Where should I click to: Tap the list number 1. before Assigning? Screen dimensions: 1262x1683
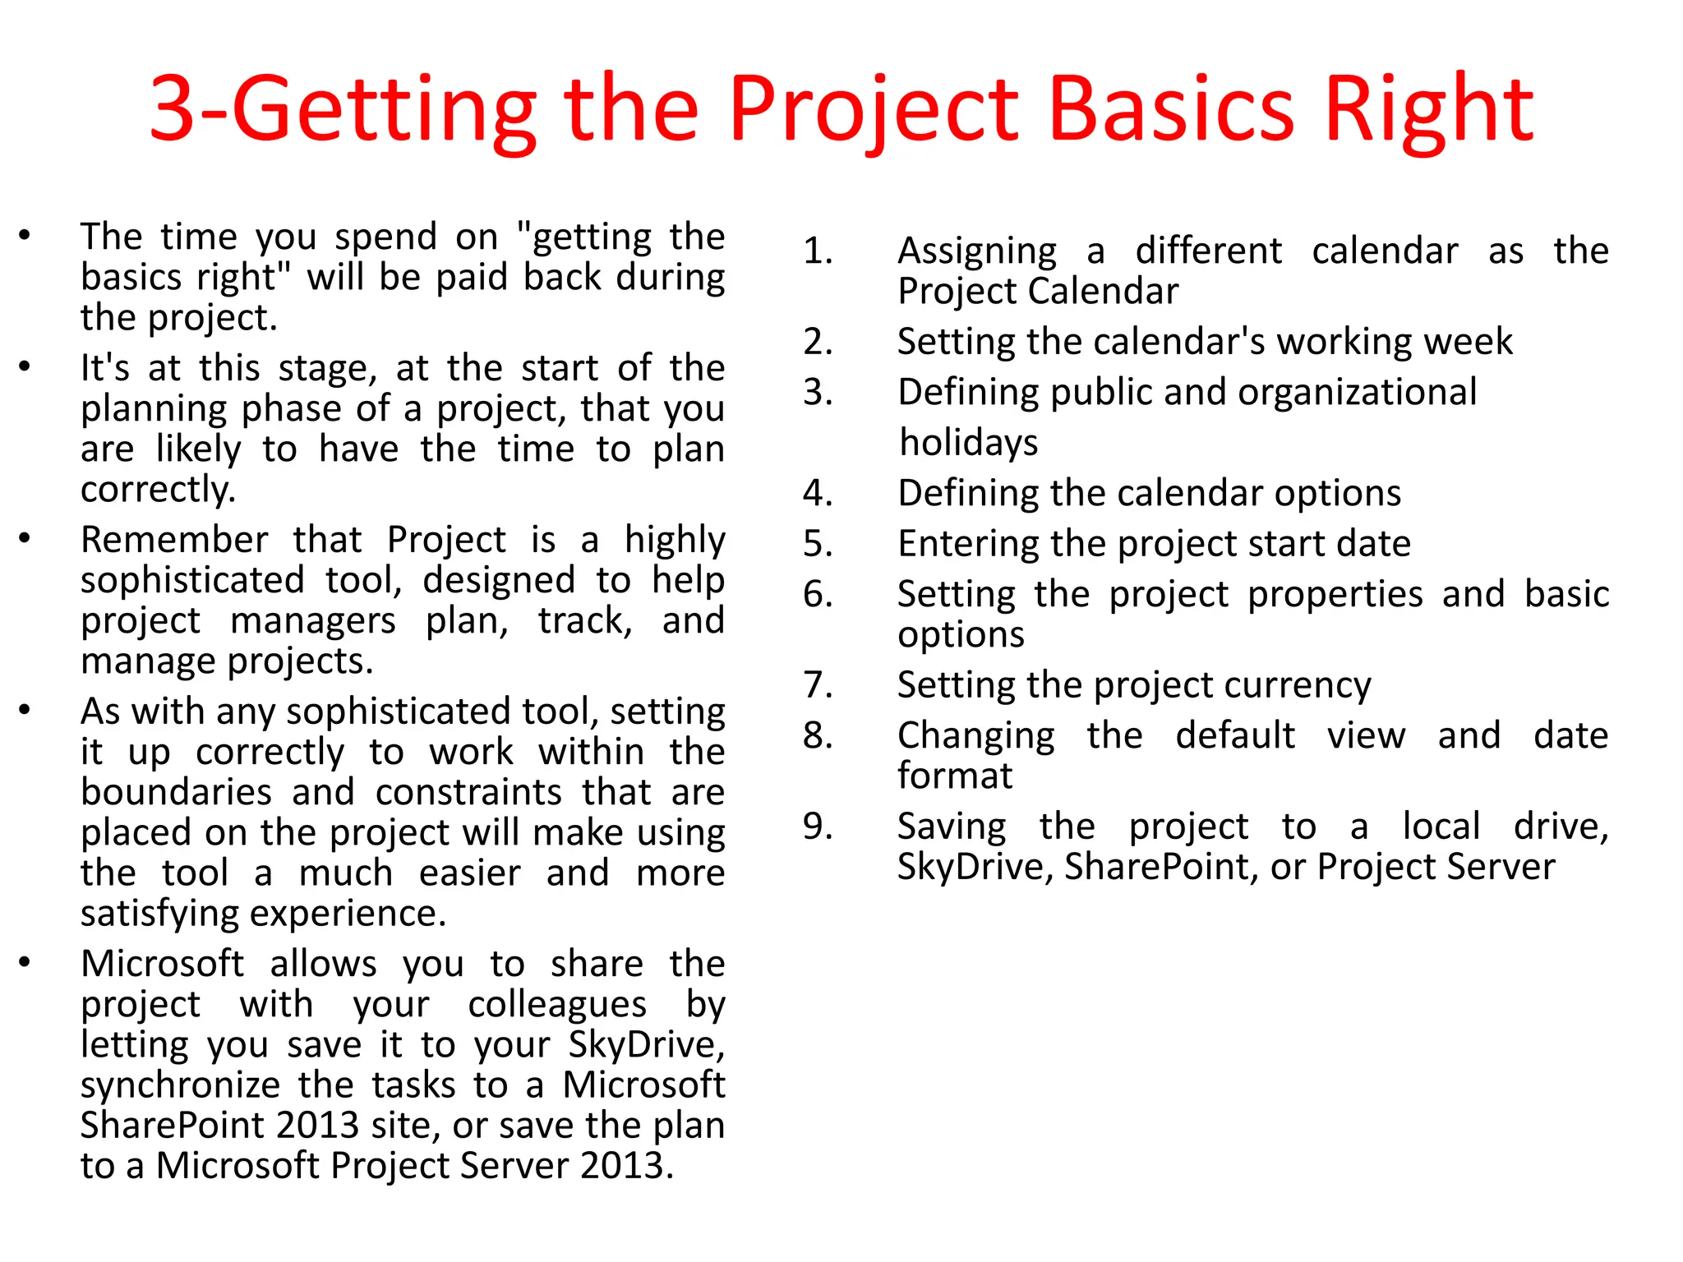click(x=818, y=251)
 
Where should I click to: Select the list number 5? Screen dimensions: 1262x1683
click(x=818, y=544)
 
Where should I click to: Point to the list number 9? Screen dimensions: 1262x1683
click(x=818, y=827)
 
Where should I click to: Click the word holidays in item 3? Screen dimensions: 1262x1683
click(x=968, y=443)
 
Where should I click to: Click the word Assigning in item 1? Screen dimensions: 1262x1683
click(x=976, y=251)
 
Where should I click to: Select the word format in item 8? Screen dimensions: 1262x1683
click(x=954, y=776)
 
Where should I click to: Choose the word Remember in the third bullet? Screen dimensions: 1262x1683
click(x=174, y=541)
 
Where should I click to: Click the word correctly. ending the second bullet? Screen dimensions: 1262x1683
click(x=158, y=491)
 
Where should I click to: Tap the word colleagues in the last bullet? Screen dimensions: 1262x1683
click(x=557, y=1005)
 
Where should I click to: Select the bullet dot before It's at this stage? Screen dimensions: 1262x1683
click(x=25, y=366)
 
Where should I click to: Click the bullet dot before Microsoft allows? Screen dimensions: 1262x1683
click(x=25, y=963)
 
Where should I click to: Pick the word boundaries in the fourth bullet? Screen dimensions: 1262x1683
click(x=176, y=793)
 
